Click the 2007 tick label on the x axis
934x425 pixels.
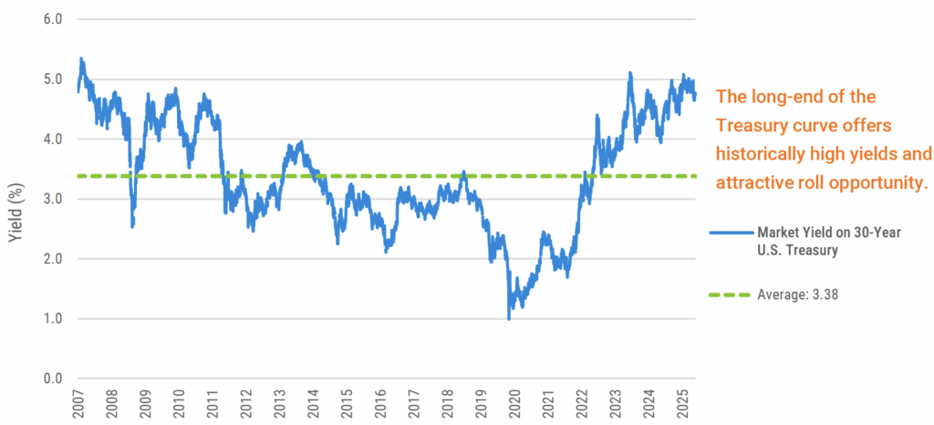pos(78,405)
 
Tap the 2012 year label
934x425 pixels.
pos(245,405)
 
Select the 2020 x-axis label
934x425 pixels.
pos(514,405)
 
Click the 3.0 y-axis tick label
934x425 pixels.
pos(54,200)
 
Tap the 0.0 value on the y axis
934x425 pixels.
pos(54,378)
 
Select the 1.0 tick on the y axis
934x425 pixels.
pos(54,319)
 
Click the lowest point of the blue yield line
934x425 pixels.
pos(509,318)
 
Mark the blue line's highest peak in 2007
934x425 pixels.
pos(82,59)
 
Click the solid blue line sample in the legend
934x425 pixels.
pos(731,233)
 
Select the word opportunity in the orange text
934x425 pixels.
pos(876,182)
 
